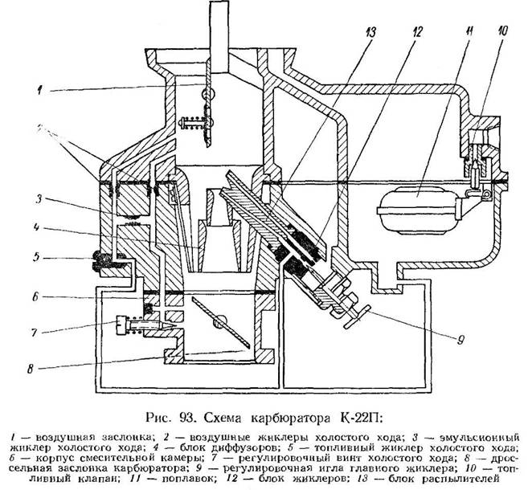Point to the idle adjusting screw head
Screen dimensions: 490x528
[x=123, y=325]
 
